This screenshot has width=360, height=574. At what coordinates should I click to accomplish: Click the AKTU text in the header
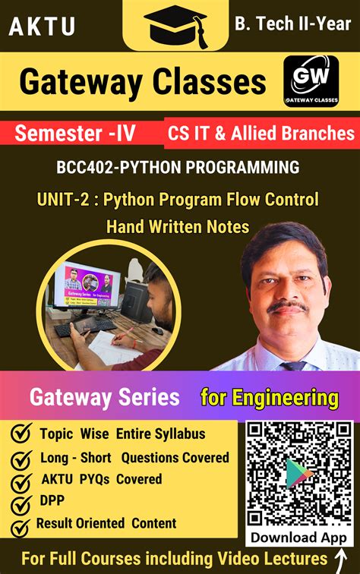pyautogui.click(x=42, y=27)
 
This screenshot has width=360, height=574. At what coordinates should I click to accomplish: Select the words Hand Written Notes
pyautogui.click(x=178, y=226)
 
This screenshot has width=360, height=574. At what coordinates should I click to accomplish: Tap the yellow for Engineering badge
pyautogui.click(x=269, y=397)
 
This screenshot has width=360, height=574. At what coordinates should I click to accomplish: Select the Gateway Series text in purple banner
pyautogui.click(x=104, y=397)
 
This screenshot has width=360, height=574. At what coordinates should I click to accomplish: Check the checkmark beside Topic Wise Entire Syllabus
pyautogui.click(x=21, y=434)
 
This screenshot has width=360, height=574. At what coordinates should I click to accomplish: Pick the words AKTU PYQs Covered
pyautogui.click(x=101, y=479)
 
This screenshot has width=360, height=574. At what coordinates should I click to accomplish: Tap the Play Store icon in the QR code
pyautogui.click(x=298, y=475)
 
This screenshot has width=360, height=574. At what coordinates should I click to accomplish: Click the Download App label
pyautogui.click(x=298, y=537)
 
